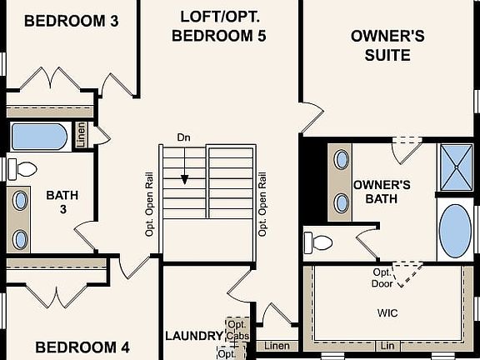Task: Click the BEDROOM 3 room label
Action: coord(70,20)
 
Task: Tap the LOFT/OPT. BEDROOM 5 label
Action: coord(222,25)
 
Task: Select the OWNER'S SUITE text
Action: coord(387,46)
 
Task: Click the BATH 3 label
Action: coord(62,202)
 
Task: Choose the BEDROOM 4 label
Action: coord(82,347)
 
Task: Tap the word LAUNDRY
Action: coord(194,336)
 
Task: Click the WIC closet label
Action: coord(388,315)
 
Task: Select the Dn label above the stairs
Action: coord(183,137)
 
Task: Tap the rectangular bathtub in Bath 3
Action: coord(39,135)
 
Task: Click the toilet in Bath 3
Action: coord(22,169)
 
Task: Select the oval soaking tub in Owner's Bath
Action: coord(454,230)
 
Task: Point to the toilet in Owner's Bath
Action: coord(320,242)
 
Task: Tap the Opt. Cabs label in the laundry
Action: coord(237,330)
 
